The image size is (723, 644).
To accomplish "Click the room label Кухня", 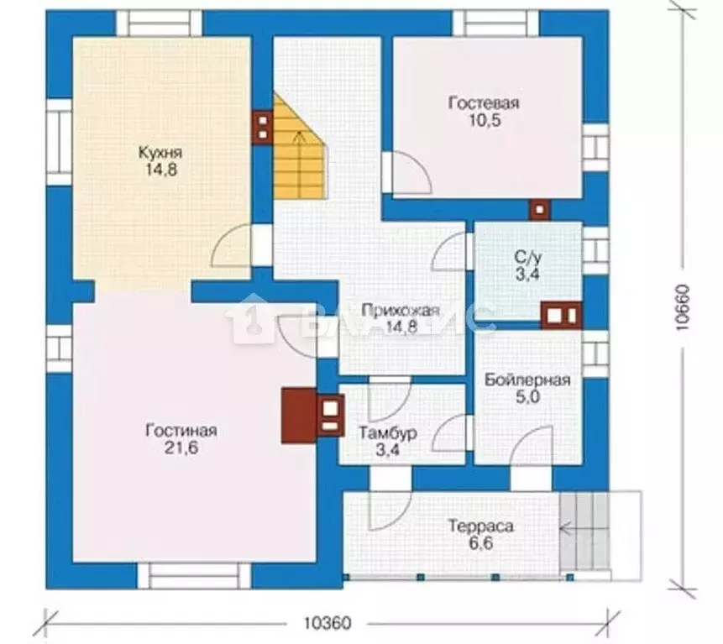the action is (x=160, y=152).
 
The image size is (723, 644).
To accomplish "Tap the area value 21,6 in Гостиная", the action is (x=181, y=448).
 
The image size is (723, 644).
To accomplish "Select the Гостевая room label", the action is (x=484, y=102).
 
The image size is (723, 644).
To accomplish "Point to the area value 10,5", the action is (x=485, y=121).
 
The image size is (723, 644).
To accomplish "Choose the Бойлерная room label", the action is (x=527, y=380).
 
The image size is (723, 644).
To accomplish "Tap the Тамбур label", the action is (x=388, y=433).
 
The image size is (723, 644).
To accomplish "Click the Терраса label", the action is (x=481, y=526).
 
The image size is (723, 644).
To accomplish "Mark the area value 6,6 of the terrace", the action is (x=481, y=543).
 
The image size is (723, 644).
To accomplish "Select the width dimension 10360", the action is (x=327, y=623).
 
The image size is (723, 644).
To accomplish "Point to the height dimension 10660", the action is (x=683, y=307).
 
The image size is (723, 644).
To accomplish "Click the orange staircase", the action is (x=300, y=148).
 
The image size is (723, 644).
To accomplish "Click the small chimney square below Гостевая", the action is (x=540, y=210).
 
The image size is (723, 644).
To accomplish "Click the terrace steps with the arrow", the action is (x=584, y=532).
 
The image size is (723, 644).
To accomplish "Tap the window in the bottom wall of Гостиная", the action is (x=194, y=575).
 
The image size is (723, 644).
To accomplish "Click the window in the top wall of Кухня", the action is (x=159, y=23).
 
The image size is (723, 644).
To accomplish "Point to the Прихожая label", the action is (x=401, y=311).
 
